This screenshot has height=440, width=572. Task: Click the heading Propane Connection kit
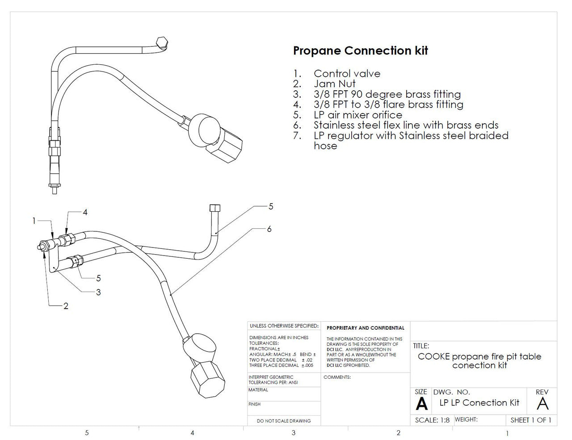(360, 50)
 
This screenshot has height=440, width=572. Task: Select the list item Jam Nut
(334, 84)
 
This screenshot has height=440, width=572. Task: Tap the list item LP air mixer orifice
(357, 114)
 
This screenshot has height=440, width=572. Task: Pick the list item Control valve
(347, 73)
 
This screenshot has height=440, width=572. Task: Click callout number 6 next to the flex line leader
(269, 229)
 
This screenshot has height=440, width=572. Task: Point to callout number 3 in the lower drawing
(98, 292)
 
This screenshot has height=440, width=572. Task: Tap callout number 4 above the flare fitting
(85, 212)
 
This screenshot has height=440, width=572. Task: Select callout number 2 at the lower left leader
(66, 306)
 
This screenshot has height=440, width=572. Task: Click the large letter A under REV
(543, 403)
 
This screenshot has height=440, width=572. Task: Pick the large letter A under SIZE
(421, 403)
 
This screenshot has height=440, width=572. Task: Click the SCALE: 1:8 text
(432, 420)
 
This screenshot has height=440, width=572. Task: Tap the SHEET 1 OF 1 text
(531, 420)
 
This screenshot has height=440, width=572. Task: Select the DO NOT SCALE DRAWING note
(284, 420)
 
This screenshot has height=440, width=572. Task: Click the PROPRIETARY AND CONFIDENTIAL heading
(366, 328)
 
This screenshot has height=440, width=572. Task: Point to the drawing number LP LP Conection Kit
(479, 402)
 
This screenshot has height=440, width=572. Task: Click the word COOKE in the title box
(434, 356)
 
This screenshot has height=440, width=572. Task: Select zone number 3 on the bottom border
(294, 432)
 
